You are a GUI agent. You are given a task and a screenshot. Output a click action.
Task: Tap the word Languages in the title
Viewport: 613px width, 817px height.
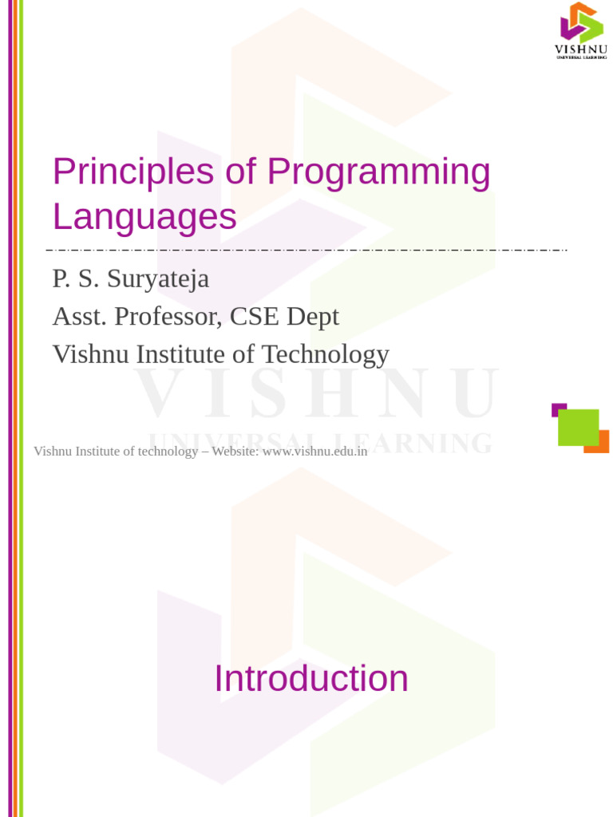(144, 217)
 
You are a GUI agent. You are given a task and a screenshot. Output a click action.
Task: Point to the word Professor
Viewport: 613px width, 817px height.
(168, 316)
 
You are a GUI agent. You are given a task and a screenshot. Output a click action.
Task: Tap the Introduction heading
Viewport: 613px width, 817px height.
(311, 678)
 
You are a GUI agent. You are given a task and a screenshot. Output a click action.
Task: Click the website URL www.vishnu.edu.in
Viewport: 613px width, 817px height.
(315, 451)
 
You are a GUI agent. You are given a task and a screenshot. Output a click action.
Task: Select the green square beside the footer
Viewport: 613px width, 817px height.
(579, 428)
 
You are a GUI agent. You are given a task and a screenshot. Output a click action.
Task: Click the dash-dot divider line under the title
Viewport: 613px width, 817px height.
(306, 251)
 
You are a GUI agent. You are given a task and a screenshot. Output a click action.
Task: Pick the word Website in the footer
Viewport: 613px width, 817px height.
(235, 451)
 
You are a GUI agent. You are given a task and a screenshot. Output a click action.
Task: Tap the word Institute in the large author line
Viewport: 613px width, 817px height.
(177, 353)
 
